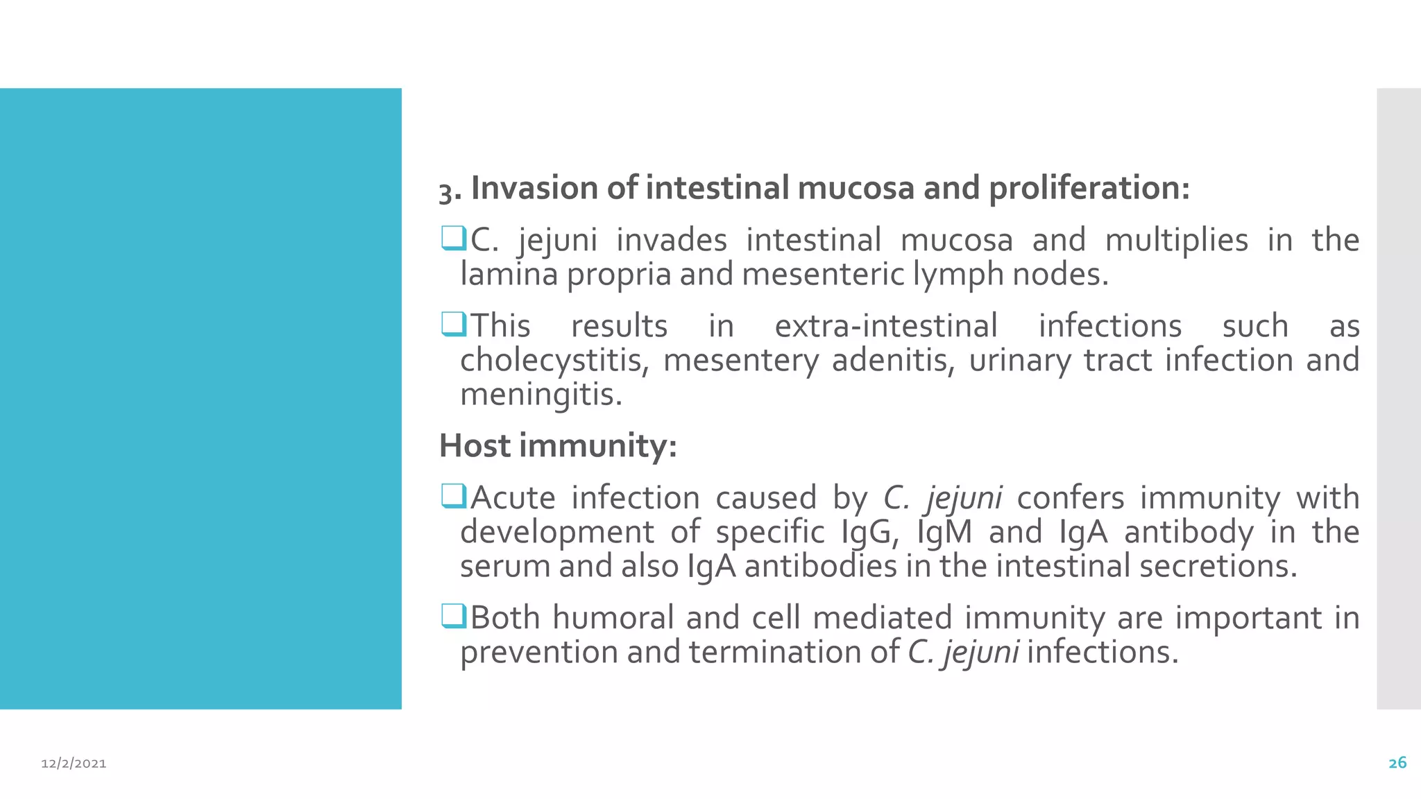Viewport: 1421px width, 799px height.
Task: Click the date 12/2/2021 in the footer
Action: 74,764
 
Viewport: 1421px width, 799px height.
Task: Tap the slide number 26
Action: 1397,763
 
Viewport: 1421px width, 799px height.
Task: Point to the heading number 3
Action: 445,192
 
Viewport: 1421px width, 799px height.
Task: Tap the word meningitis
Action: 540,395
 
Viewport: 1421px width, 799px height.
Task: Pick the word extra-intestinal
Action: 886,326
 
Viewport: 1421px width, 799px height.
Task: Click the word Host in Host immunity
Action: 475,445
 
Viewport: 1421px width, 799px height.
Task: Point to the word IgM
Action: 944,533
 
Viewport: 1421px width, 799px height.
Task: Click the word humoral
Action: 613,618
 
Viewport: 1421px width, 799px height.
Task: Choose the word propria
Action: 620,275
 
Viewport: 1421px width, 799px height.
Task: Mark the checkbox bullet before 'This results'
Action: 453,324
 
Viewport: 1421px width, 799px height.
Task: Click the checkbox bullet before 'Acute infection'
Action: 453,496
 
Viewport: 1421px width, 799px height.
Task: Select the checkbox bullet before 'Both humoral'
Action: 453,616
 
